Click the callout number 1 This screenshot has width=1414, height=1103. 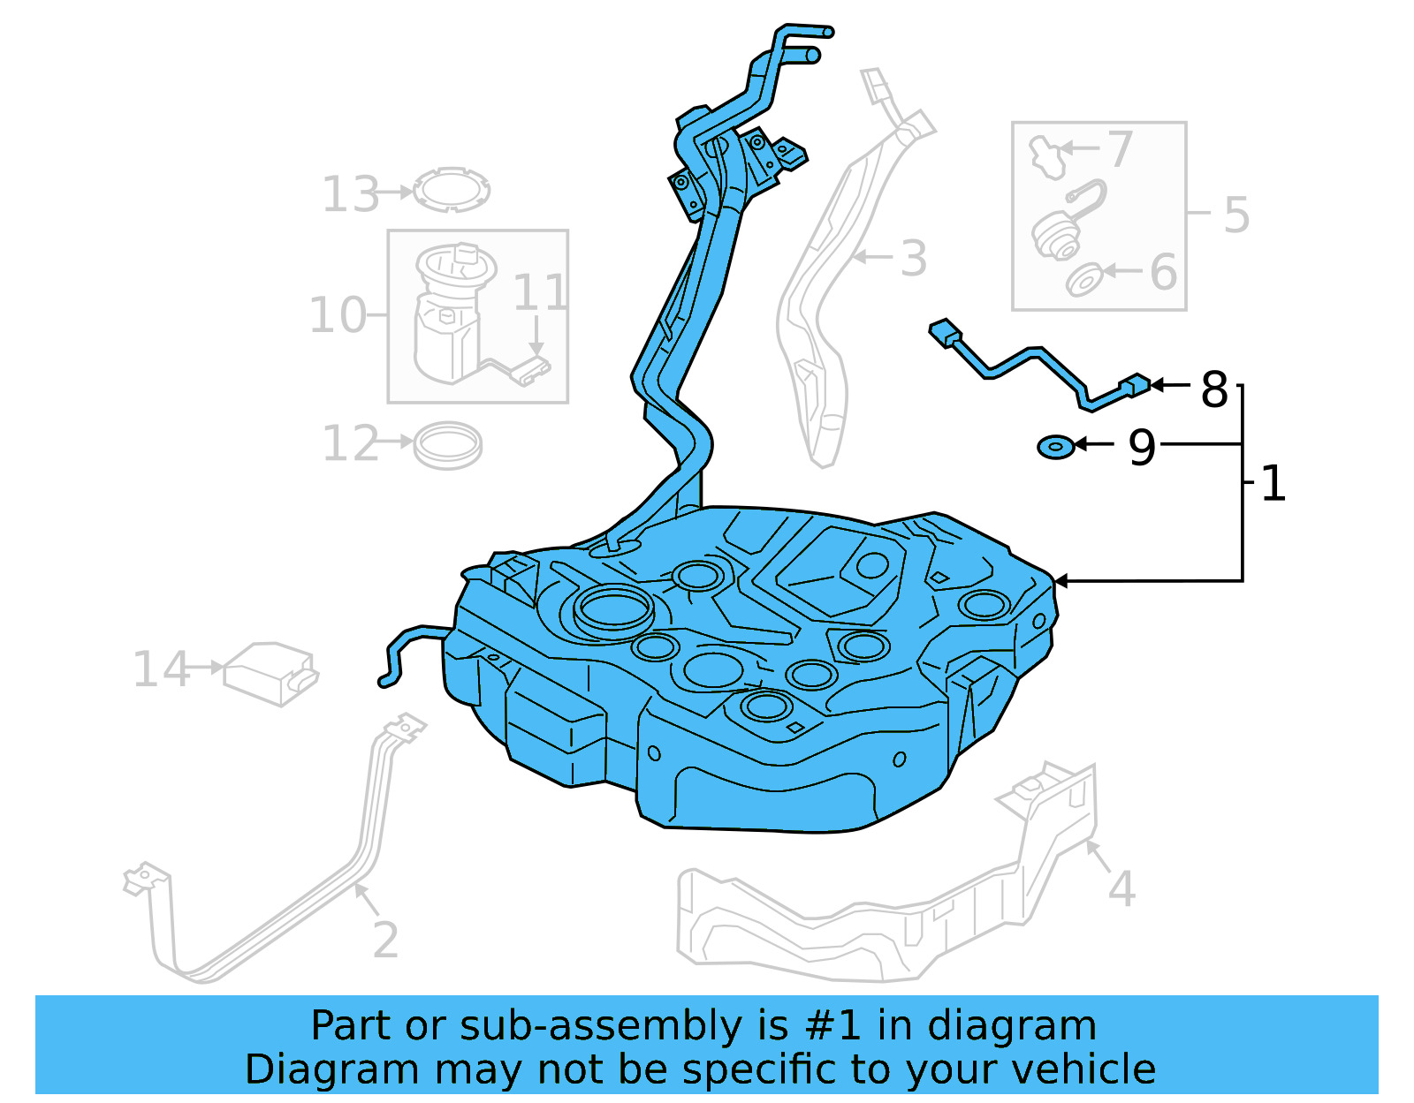point(1273,484)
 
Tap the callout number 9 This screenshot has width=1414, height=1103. point(1142,447)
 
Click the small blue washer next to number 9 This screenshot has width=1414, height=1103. point(1056,447)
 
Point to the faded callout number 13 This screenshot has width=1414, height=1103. point(350,194)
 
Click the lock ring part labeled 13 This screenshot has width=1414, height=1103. point(452,190)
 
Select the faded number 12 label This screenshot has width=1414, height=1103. point(350,443)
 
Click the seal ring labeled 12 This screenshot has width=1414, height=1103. point(448,444)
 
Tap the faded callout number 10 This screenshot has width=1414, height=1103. point(337,315)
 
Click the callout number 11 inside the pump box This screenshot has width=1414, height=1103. point(539,292)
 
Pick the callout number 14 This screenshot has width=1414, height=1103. point(160,669)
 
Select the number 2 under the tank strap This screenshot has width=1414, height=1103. point(385,940)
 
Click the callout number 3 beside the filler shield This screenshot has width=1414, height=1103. point(913,259)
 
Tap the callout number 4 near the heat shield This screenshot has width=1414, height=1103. point(1121,888)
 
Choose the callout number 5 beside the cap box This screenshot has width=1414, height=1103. point(1236,215)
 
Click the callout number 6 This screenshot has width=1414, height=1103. point(1163,272)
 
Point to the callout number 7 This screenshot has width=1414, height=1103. point(1120,149)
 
